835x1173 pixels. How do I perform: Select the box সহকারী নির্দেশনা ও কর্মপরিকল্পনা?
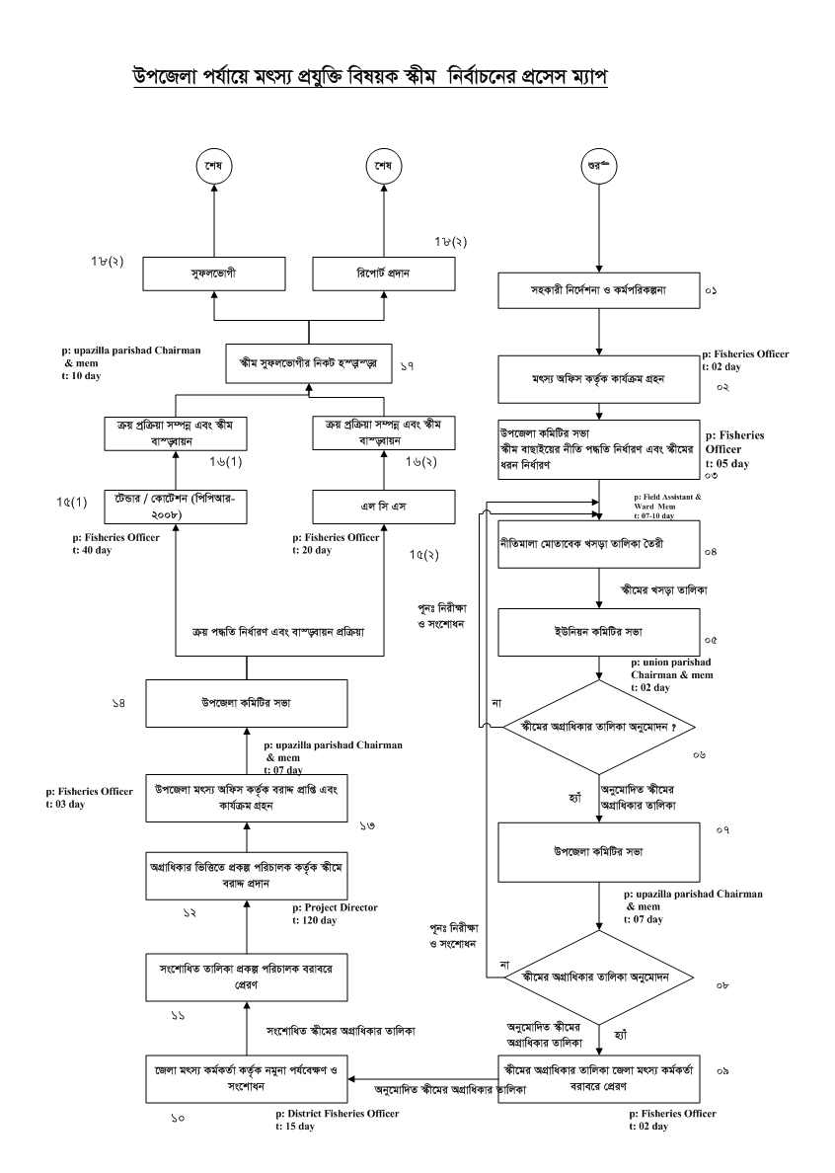tap(597, 291)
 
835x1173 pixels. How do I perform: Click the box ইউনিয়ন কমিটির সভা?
tap(597, 633)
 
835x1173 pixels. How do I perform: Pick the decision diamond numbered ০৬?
tap(598, 727)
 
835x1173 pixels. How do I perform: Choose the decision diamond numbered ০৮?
tap(598, 977)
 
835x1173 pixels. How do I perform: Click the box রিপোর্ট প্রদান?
tap(384, 272)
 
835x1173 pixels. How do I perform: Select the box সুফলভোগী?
tap(213, 272)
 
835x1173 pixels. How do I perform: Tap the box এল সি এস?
tap(384, 508)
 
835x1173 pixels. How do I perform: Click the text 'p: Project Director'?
tap(335, 906)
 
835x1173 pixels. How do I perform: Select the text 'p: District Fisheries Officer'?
tap(338, 1114)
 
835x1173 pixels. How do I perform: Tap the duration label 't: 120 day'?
tap(314, 920)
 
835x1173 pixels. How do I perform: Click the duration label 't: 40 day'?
tap(93, 550)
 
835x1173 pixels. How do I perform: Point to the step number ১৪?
tap(118, 703)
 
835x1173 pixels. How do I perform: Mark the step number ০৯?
tap(722, 1070)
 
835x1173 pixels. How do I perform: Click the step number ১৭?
tap(407, 366)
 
